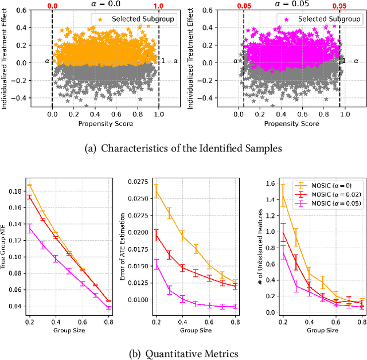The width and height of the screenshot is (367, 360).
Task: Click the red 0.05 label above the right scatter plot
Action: coord(243,5)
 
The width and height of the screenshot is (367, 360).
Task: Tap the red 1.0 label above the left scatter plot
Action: coord(159,5)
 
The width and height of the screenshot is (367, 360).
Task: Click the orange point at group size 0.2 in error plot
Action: coord(156,191)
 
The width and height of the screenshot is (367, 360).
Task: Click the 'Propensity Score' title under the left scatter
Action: coord(106,123)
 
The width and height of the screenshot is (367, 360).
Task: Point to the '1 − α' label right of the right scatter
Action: coord(351,60)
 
